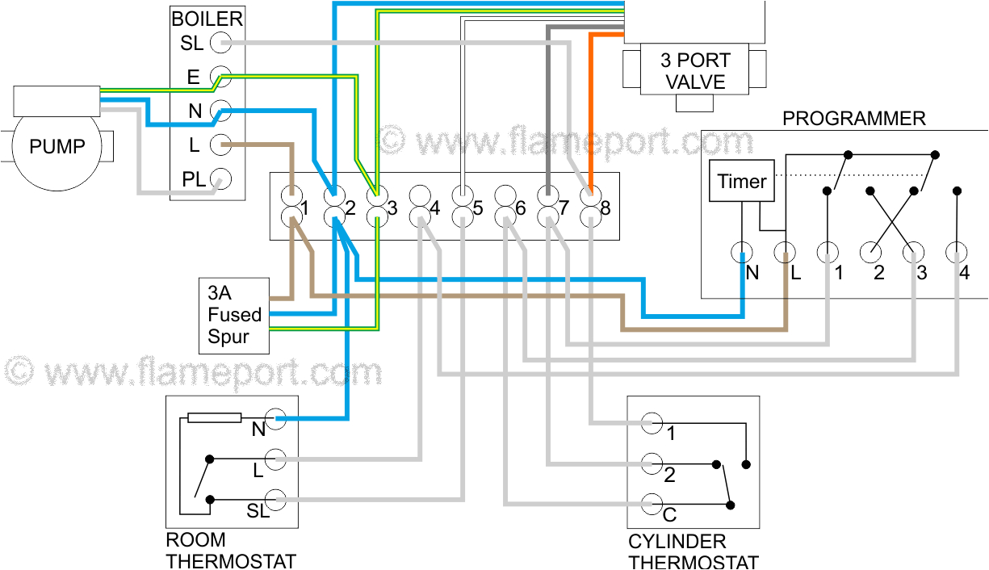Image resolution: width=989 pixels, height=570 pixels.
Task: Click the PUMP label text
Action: pos(57,147)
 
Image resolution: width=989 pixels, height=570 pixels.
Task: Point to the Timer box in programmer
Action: pos(741,182)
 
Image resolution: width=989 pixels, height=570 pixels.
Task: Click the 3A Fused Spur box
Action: pos(234,315)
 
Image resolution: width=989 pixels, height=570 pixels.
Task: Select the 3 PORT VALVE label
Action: pos(694,71)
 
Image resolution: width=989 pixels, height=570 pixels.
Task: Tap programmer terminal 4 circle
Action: pos(957,253)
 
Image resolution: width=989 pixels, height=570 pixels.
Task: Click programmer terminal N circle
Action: pos(742,253)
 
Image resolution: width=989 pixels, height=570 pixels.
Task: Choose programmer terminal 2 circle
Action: pos(871,253)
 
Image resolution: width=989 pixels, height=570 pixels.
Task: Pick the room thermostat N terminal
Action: pos(276,418)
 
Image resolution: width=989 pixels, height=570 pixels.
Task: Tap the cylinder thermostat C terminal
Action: pos(652,505)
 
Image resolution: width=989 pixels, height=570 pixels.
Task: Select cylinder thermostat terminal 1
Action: pos(652,423)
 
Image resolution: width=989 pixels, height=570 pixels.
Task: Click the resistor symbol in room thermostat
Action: pos(214,417)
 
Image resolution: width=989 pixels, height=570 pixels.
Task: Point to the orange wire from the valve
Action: pos(592,105)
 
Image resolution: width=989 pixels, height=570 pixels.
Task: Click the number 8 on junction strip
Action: pos(606,208)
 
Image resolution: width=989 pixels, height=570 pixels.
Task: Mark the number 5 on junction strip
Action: pos(477,208)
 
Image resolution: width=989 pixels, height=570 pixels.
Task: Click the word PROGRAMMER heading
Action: pos(853,119)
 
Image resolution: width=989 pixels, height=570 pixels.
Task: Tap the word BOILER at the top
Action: pos(207,18)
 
